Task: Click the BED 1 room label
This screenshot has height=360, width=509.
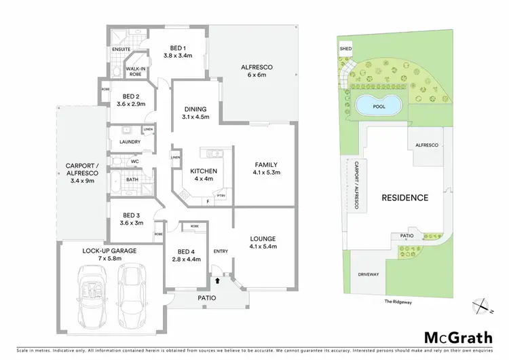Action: tap(178, 52)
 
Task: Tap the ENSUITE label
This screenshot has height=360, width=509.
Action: tap(121, 50)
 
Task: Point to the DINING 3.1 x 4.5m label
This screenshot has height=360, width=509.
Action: tap(195, 113)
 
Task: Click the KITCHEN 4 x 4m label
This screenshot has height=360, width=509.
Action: tap(204, 175)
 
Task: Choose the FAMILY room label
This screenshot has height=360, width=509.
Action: tap(265, 168)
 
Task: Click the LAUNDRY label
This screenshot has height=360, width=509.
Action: tap(130, 142)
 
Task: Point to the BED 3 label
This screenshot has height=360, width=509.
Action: tap(132, 218)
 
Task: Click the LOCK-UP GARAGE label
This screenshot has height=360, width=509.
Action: tap(110, 255)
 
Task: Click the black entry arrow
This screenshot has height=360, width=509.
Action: tap(217, 279)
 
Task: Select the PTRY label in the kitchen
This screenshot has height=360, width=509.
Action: tap(221, 196)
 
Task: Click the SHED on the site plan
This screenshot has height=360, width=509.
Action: tap(345, 49)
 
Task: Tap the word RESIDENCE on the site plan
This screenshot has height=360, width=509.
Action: tap(404, 198)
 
